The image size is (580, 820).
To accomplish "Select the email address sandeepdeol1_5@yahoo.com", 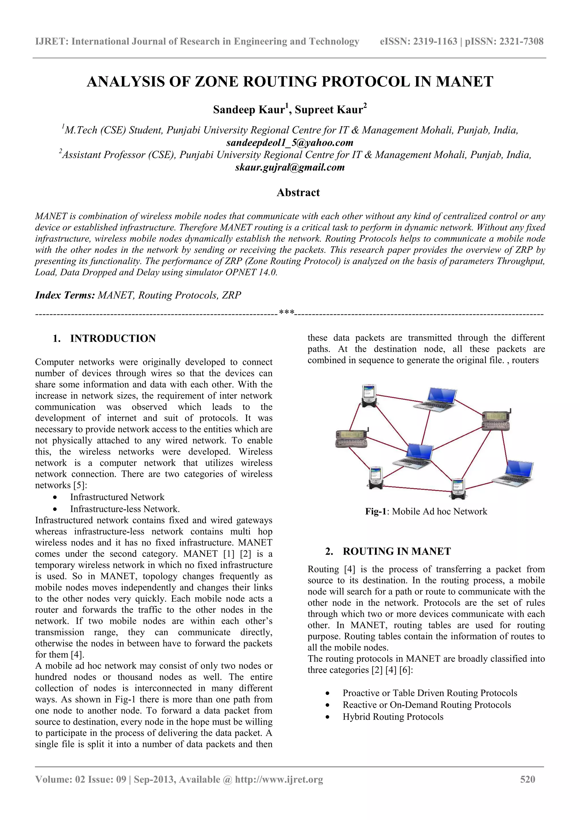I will [x=289, y=143].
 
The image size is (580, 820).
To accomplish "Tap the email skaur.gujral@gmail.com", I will [x=289, y=167].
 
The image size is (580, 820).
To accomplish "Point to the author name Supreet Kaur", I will [x=329, y=110].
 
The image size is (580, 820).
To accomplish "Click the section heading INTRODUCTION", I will [x=113, y=338].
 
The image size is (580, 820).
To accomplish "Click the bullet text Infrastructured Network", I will [x=117, y=497].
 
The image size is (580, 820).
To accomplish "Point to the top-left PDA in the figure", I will [x=368, y=395].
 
